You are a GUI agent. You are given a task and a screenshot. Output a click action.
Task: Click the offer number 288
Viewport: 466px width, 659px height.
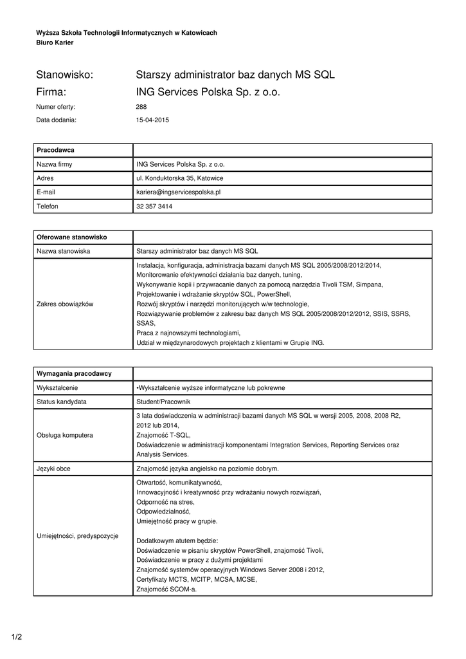[x=141, y=107]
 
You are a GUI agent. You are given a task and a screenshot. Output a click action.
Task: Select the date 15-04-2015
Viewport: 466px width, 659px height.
[x=152, y=120]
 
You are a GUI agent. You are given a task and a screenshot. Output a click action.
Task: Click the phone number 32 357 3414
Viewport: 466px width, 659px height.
[x=154, y=207]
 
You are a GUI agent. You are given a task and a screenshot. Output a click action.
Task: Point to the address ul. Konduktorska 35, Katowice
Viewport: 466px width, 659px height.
[x=180, y=178]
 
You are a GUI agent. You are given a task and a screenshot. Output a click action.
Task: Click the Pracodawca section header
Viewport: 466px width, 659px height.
[x=56, y=150]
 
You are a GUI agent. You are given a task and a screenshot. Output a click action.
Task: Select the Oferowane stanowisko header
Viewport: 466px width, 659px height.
[x=72, y=237]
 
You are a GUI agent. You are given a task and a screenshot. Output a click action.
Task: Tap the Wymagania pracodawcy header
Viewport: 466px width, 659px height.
[x=75, y=373]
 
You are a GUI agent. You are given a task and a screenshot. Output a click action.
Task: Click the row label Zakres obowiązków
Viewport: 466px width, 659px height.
[x=65, y=304]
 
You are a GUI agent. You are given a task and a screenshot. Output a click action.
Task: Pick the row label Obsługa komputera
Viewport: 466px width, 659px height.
[x=65, y=435]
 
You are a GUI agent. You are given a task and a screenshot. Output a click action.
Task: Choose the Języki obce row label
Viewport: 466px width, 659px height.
[x=54, y=469]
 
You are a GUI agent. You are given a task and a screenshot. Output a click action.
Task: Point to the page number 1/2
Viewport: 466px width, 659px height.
[x=17, y=637]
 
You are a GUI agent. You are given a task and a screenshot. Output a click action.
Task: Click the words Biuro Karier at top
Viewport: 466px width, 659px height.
[x=55, y=42]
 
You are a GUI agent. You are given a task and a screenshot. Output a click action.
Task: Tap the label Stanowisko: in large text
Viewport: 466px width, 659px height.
[x=65, y=75]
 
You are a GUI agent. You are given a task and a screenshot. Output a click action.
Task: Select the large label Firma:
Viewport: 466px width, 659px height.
[x=52, y=92]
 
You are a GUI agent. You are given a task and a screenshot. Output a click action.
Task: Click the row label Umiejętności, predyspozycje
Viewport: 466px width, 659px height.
[x=78, y=535]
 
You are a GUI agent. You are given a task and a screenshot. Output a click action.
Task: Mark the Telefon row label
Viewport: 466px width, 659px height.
[x=48, y=207]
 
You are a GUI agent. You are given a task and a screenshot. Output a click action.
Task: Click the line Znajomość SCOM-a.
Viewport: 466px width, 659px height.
[x=166, y=589]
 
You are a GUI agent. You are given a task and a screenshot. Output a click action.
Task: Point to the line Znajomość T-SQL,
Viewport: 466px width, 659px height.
[x=163, y=435]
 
